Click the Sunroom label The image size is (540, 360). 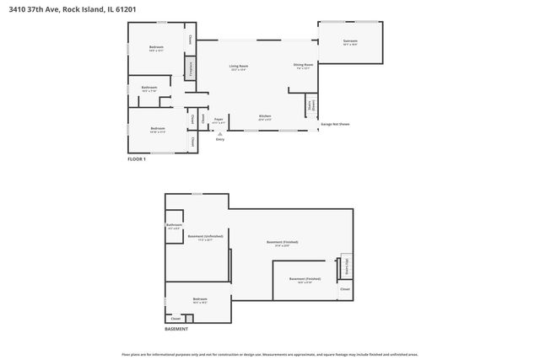click(x=350, y=41)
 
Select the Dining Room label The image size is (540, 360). click(x=303, y=65)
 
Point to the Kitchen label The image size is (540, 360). click(x=264, y=116)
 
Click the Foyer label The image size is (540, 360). click(x=219, y=121)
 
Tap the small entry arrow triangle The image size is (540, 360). click(x=219, y=133)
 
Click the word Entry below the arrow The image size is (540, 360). click(x=219, y=139)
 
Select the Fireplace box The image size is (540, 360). click(x=192, y=69)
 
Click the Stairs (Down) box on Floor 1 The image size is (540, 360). click(x=310, y=105)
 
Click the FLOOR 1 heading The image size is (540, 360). click(x=137, y=159)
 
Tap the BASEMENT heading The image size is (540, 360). click(x=176, y=329)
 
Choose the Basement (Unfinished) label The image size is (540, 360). click(x=205, y=238)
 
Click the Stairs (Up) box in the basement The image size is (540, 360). click(x=344, y=266)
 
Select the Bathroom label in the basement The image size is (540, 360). click(x=174, y=225)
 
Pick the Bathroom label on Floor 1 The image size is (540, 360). click(x=149, y=88)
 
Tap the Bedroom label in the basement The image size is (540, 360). click(x=200, y=299)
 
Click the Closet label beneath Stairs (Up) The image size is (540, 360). click(x=344, y=289)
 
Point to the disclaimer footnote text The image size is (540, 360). click(x=269, y=354)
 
